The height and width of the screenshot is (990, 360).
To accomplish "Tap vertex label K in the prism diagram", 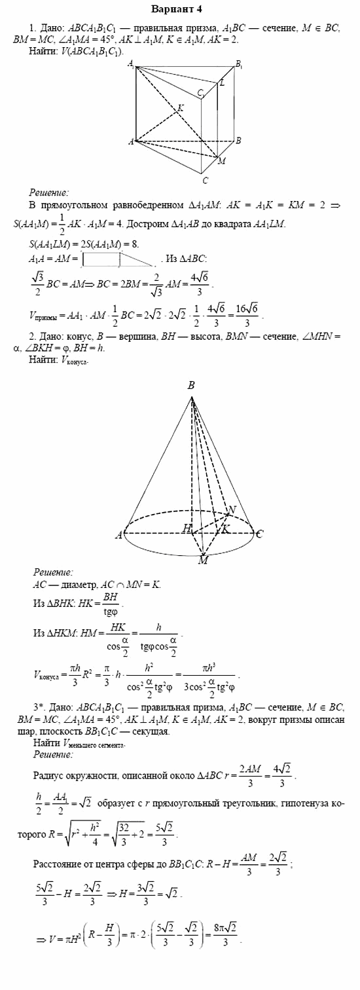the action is (181, 106).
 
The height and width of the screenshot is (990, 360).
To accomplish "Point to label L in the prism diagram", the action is (222, 82).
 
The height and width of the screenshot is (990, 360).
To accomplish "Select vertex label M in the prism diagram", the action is (222, 161).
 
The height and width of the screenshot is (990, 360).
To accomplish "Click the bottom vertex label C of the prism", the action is (205, 180).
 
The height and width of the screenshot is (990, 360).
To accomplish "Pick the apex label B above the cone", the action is (191, 386).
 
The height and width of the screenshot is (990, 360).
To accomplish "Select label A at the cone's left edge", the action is (119, 536).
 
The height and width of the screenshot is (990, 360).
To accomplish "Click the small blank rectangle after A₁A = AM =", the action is (100, 260).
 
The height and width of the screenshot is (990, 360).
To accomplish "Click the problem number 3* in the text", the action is (38, 708).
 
